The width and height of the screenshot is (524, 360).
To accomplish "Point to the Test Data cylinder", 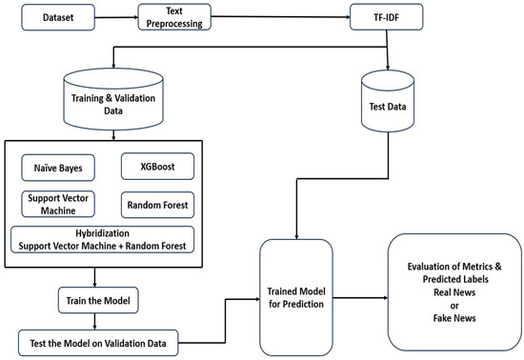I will coord(389,106).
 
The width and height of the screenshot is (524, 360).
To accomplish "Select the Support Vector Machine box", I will coord(57,204).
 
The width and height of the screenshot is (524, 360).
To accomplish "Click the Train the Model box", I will coord(95,301).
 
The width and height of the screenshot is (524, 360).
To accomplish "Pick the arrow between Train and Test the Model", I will coord(95,320).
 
